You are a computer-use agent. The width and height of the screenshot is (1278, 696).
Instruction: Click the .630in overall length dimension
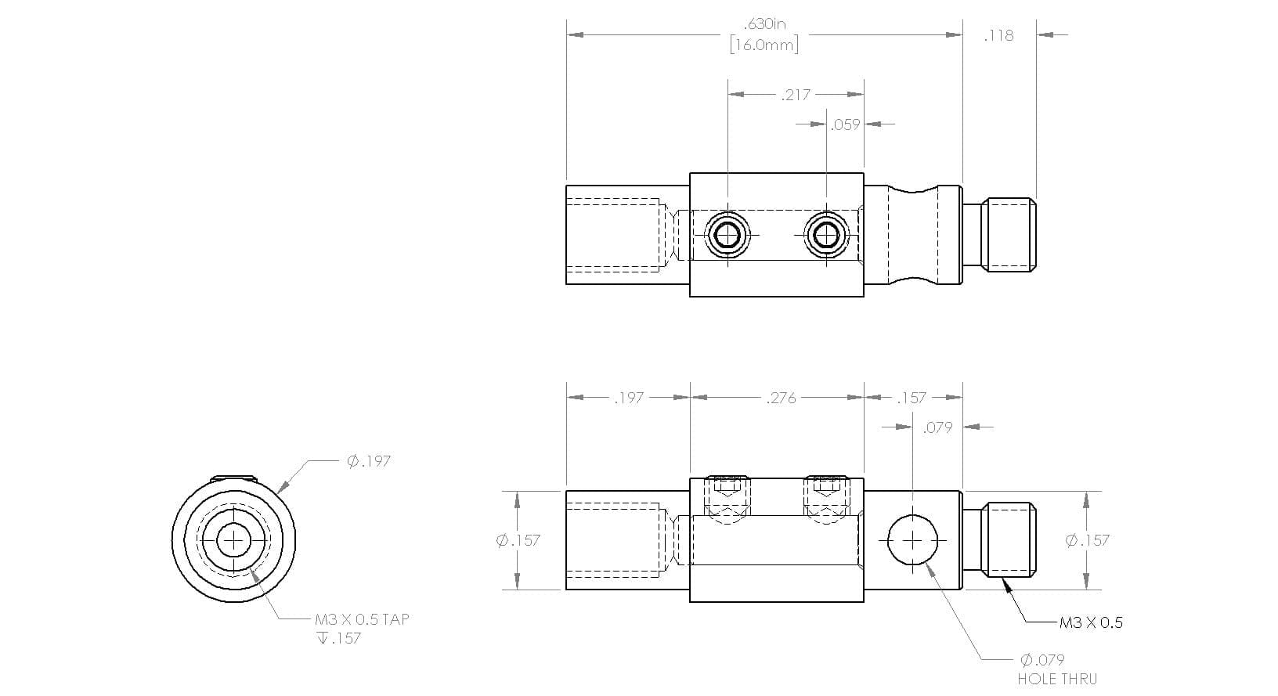765,24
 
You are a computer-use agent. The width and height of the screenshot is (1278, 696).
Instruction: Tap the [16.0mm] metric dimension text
764,45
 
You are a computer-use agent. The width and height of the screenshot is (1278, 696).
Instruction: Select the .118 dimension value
999,36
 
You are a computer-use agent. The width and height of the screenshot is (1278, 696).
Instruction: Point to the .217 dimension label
796,95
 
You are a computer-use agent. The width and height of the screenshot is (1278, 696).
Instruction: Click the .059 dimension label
845,124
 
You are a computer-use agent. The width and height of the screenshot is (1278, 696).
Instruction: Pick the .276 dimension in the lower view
781,398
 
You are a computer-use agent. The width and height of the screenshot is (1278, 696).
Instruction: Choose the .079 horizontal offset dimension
938,427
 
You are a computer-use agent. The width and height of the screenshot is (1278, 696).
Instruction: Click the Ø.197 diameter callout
369,461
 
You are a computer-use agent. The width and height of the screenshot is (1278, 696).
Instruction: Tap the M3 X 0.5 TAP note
362,619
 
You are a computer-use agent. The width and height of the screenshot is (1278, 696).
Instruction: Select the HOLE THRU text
1057,679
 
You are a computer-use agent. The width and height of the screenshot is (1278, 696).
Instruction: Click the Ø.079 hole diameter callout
1042,660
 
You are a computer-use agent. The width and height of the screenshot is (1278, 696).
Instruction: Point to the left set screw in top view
727,234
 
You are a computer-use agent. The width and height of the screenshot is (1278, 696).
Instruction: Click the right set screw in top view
827,234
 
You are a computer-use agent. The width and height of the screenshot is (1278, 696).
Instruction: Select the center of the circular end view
233,539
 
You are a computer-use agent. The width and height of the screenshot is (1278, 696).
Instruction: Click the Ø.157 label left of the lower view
518,540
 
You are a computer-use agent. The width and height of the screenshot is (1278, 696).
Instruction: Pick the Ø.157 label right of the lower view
1088,540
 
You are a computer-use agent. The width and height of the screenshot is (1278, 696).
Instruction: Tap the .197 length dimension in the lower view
629,398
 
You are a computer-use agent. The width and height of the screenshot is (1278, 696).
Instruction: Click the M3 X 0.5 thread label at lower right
1091,622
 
